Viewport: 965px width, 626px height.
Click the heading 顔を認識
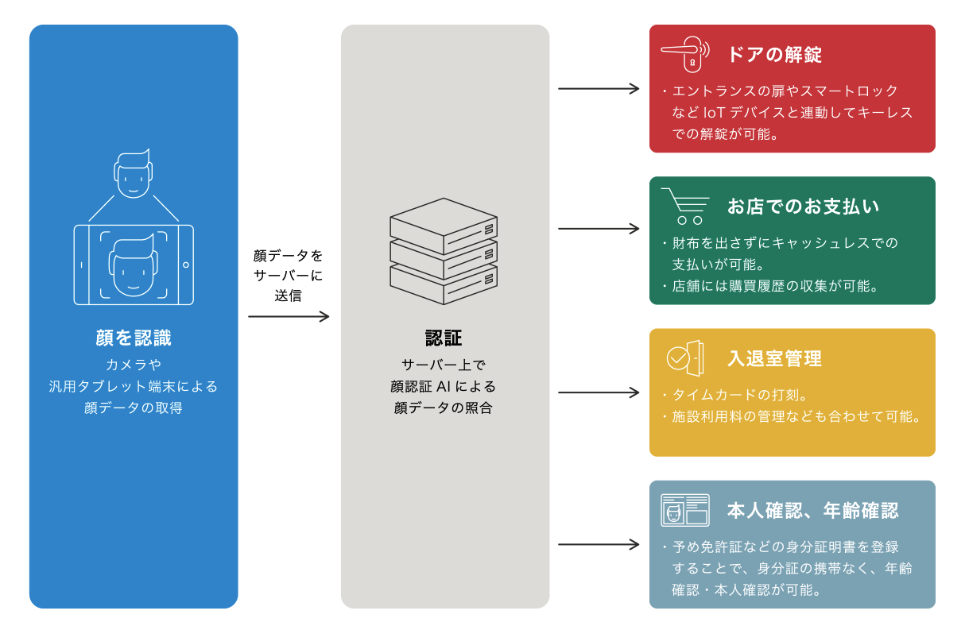[x=134, y=338]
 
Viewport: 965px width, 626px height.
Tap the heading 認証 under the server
[x=444, y=338]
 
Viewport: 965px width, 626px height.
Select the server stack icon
[x=444, y=251]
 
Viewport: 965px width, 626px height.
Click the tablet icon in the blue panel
[x=134, y=265]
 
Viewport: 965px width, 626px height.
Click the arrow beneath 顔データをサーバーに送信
[x=289, y=316]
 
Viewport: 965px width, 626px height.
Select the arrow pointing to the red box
[x=599, y=88]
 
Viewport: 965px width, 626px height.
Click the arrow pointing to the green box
[x=599, y=229]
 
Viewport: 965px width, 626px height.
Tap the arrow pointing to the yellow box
[x=599, y=392]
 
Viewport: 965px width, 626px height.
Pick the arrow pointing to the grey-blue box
[x=599, y=544]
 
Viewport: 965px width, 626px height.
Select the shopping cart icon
[x=684, y=206]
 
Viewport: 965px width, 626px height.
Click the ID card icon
[x=684, y=510]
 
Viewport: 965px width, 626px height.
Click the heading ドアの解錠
[x=774, y=54]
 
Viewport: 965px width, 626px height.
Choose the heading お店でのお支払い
[x=803, y=207]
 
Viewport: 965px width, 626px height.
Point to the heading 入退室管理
[x=774, y=358]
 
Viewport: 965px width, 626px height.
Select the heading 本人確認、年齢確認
[x=812, y=510]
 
